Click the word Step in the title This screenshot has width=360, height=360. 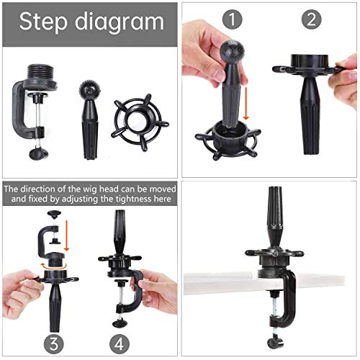pyautogui.click(x=43, y=22)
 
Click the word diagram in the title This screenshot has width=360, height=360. pyautogui.click(x=120, y=23)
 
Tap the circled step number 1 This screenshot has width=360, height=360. pyautogui.click(x=232, y=19)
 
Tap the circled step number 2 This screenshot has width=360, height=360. pyautogui.click(x=311, y=19)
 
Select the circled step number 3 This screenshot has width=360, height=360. pyautogui.click(x=54, y=344)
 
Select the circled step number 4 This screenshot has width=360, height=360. pyautogui.click(x=120, y=344)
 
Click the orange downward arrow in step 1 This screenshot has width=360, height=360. pyautogui.click(x=246, y=104)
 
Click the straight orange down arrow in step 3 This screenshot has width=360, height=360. pyautogui.click(x=66, y=235)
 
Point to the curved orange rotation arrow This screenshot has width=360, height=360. pyautogui.click(x=53, y=266)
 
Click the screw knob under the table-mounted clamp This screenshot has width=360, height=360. pyautogui.click(x=275, y=343)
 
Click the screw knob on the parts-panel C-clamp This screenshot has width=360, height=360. pyautogui.click(x=38, y=153)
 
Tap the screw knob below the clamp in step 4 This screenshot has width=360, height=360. pyautogui.click(x=121, y=323)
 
